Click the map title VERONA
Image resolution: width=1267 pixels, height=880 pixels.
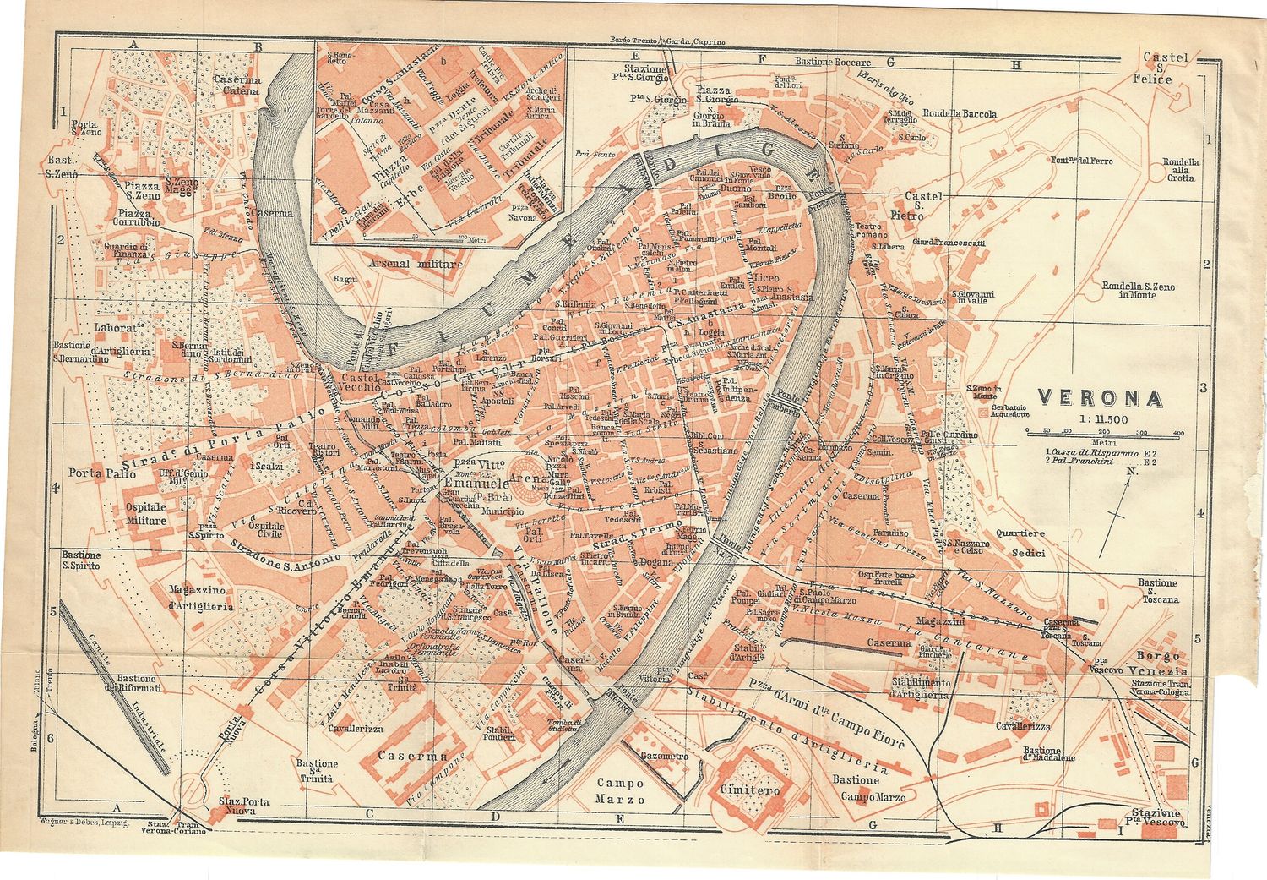tap(1099, 397)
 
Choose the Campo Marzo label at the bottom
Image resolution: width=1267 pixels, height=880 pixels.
tap(620, 791)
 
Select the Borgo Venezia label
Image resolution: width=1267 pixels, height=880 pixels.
tap(1161, 663)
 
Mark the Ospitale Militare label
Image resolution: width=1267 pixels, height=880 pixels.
tap(146, 513)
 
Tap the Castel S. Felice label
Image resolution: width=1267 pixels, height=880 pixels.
tap(1165, 68)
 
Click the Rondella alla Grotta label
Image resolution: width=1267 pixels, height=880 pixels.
tap(1180, 170)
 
